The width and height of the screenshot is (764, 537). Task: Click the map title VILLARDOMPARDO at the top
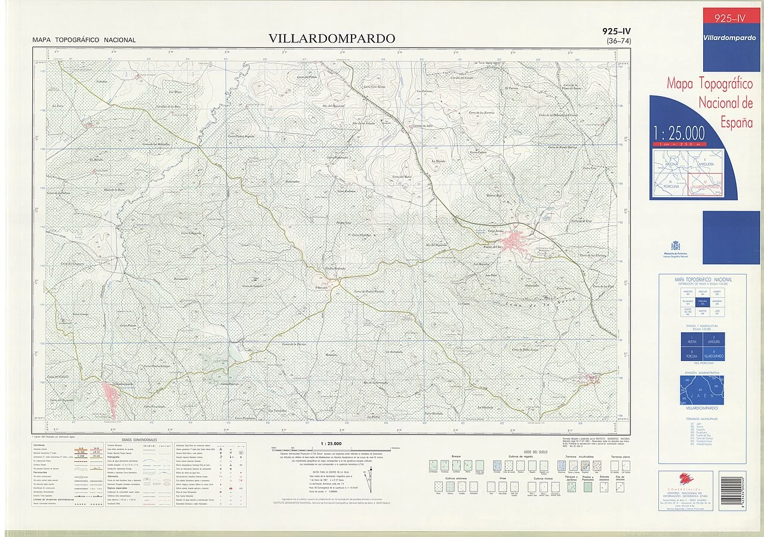(x=331, y=39)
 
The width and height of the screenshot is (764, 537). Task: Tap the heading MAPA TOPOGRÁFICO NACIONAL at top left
(x=84, y=41)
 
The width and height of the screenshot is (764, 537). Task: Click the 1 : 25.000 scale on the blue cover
(x=679, y=132)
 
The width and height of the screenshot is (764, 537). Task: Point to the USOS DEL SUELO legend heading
(x=535, y=452)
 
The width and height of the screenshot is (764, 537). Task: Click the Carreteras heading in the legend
(x=41, y=445)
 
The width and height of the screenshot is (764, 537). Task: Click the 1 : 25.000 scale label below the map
(x=331, y=443)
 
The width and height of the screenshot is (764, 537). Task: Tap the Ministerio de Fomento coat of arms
(x=676, y=246)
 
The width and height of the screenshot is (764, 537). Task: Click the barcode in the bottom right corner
(x=732, y=490)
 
